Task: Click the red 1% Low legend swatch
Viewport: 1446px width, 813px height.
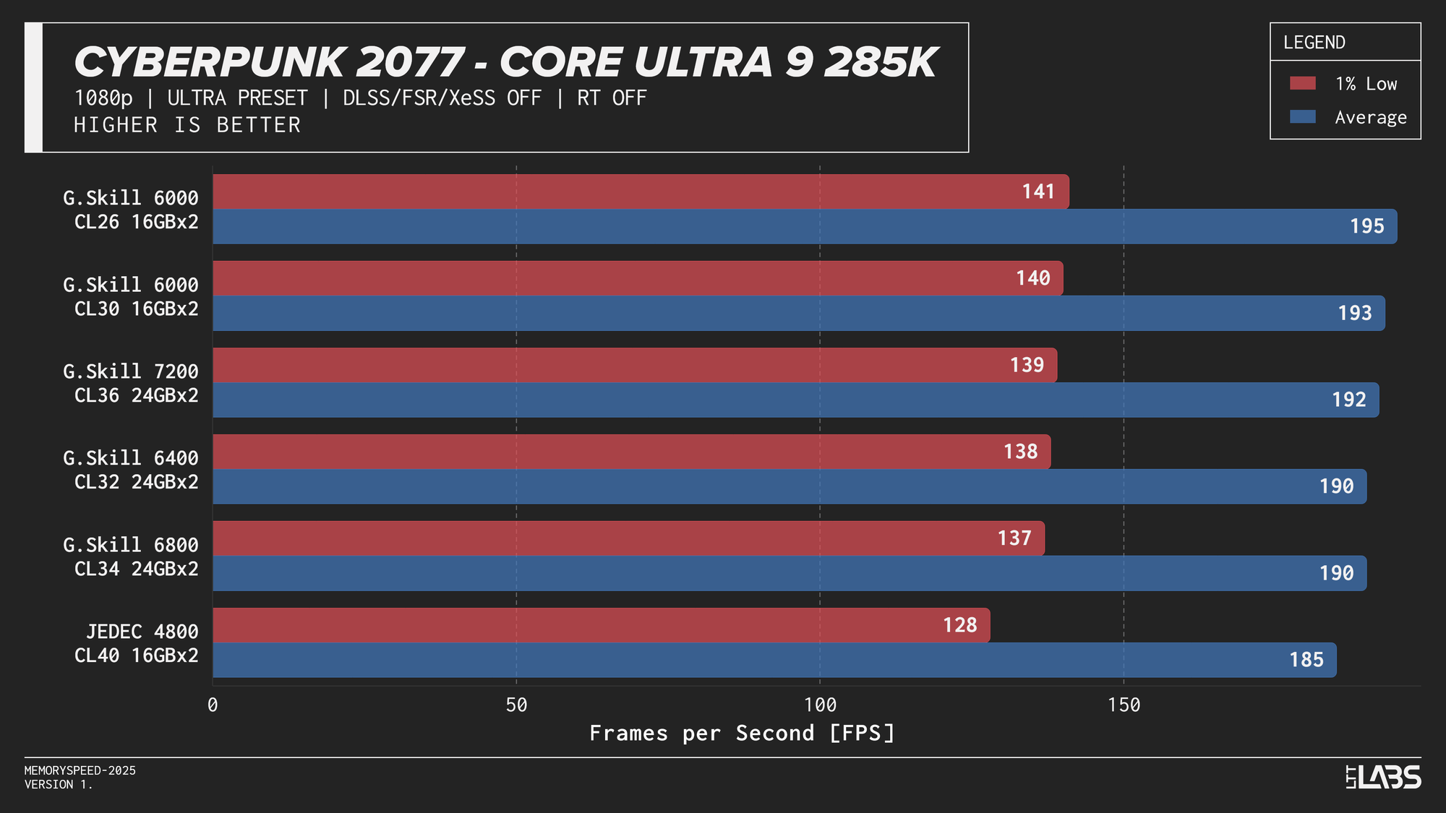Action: (x=1302, y=83)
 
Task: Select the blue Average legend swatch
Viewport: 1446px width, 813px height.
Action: (x=1302, y=117)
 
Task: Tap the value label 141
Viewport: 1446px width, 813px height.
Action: (x=1038, y=192)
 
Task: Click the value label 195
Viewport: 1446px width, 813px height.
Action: (x=1366, y=226)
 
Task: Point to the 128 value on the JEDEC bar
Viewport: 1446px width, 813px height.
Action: (x=959, y=625)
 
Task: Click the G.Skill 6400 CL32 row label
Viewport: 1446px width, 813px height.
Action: (x=131, y=470)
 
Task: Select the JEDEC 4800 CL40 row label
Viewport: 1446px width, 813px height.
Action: (x=137, y=643)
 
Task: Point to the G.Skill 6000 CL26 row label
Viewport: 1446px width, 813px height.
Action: (x=131, y=210)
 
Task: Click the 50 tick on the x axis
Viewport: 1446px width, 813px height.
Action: (x=516, y=705)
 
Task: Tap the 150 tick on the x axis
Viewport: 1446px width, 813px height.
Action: (x=1124, y=705)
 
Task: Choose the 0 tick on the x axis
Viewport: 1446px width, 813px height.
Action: (x=213, y=705)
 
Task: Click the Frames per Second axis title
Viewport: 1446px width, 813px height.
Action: (x=742, y=733)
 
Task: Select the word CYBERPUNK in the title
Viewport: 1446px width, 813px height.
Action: (x=209, y=62)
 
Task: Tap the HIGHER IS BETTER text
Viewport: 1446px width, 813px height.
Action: (x=187, y=125)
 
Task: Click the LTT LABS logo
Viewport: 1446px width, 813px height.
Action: (x=1383, y=777)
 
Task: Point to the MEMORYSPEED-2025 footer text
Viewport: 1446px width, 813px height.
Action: (x=80, y=770)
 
